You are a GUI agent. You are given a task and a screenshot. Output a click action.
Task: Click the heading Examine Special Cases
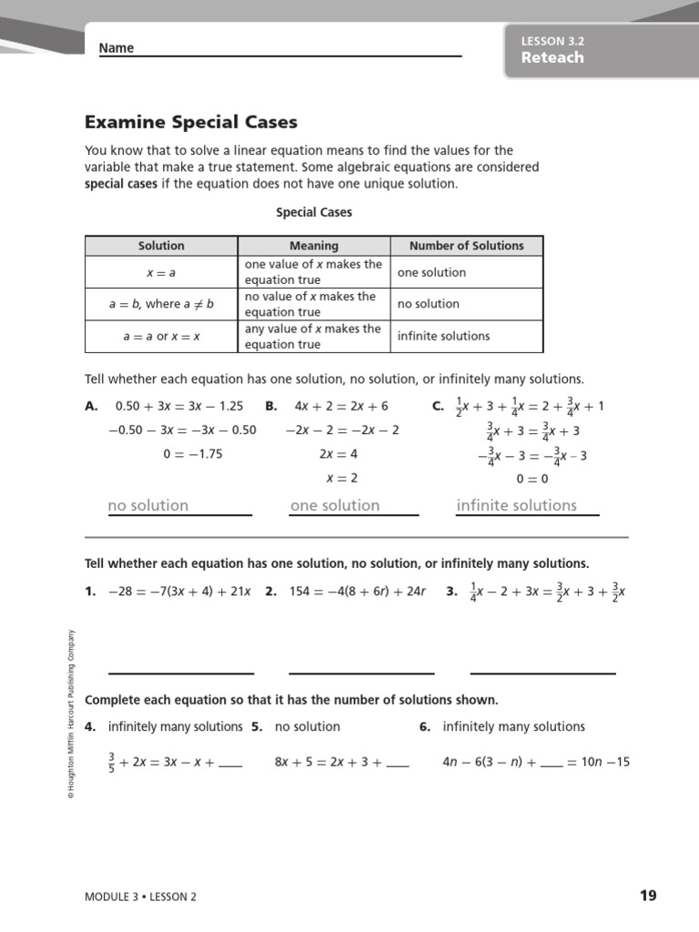pos(191,122)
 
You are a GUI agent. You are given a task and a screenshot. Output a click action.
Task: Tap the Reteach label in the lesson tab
pos(552,57)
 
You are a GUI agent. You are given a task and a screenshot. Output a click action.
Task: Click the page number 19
pos(647,896)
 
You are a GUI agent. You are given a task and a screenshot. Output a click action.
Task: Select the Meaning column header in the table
pos(313,246)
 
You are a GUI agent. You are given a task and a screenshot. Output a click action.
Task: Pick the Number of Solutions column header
pos(466,246)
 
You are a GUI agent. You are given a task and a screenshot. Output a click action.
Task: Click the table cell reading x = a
pos(161,272)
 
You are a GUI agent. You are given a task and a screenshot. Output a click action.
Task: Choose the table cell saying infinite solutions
pos(443,336)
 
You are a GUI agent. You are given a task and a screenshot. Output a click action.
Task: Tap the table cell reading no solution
pos(428,304)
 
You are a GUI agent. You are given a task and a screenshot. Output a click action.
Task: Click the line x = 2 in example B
pos(341,478)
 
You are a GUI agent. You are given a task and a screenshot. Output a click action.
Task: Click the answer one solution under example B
pos(335,505)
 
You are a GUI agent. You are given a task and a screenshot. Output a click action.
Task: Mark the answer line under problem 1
pos(181,673)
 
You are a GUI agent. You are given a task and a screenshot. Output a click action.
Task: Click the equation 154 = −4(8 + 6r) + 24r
pos(358,592)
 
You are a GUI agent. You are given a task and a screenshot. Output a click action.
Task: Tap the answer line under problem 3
pos(542,673)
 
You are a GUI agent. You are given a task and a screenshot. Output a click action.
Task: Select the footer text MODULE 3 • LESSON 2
pos(140,897)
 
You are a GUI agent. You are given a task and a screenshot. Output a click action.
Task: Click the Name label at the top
pos(116,48)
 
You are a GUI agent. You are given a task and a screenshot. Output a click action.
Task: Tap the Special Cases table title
pos(313,212)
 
